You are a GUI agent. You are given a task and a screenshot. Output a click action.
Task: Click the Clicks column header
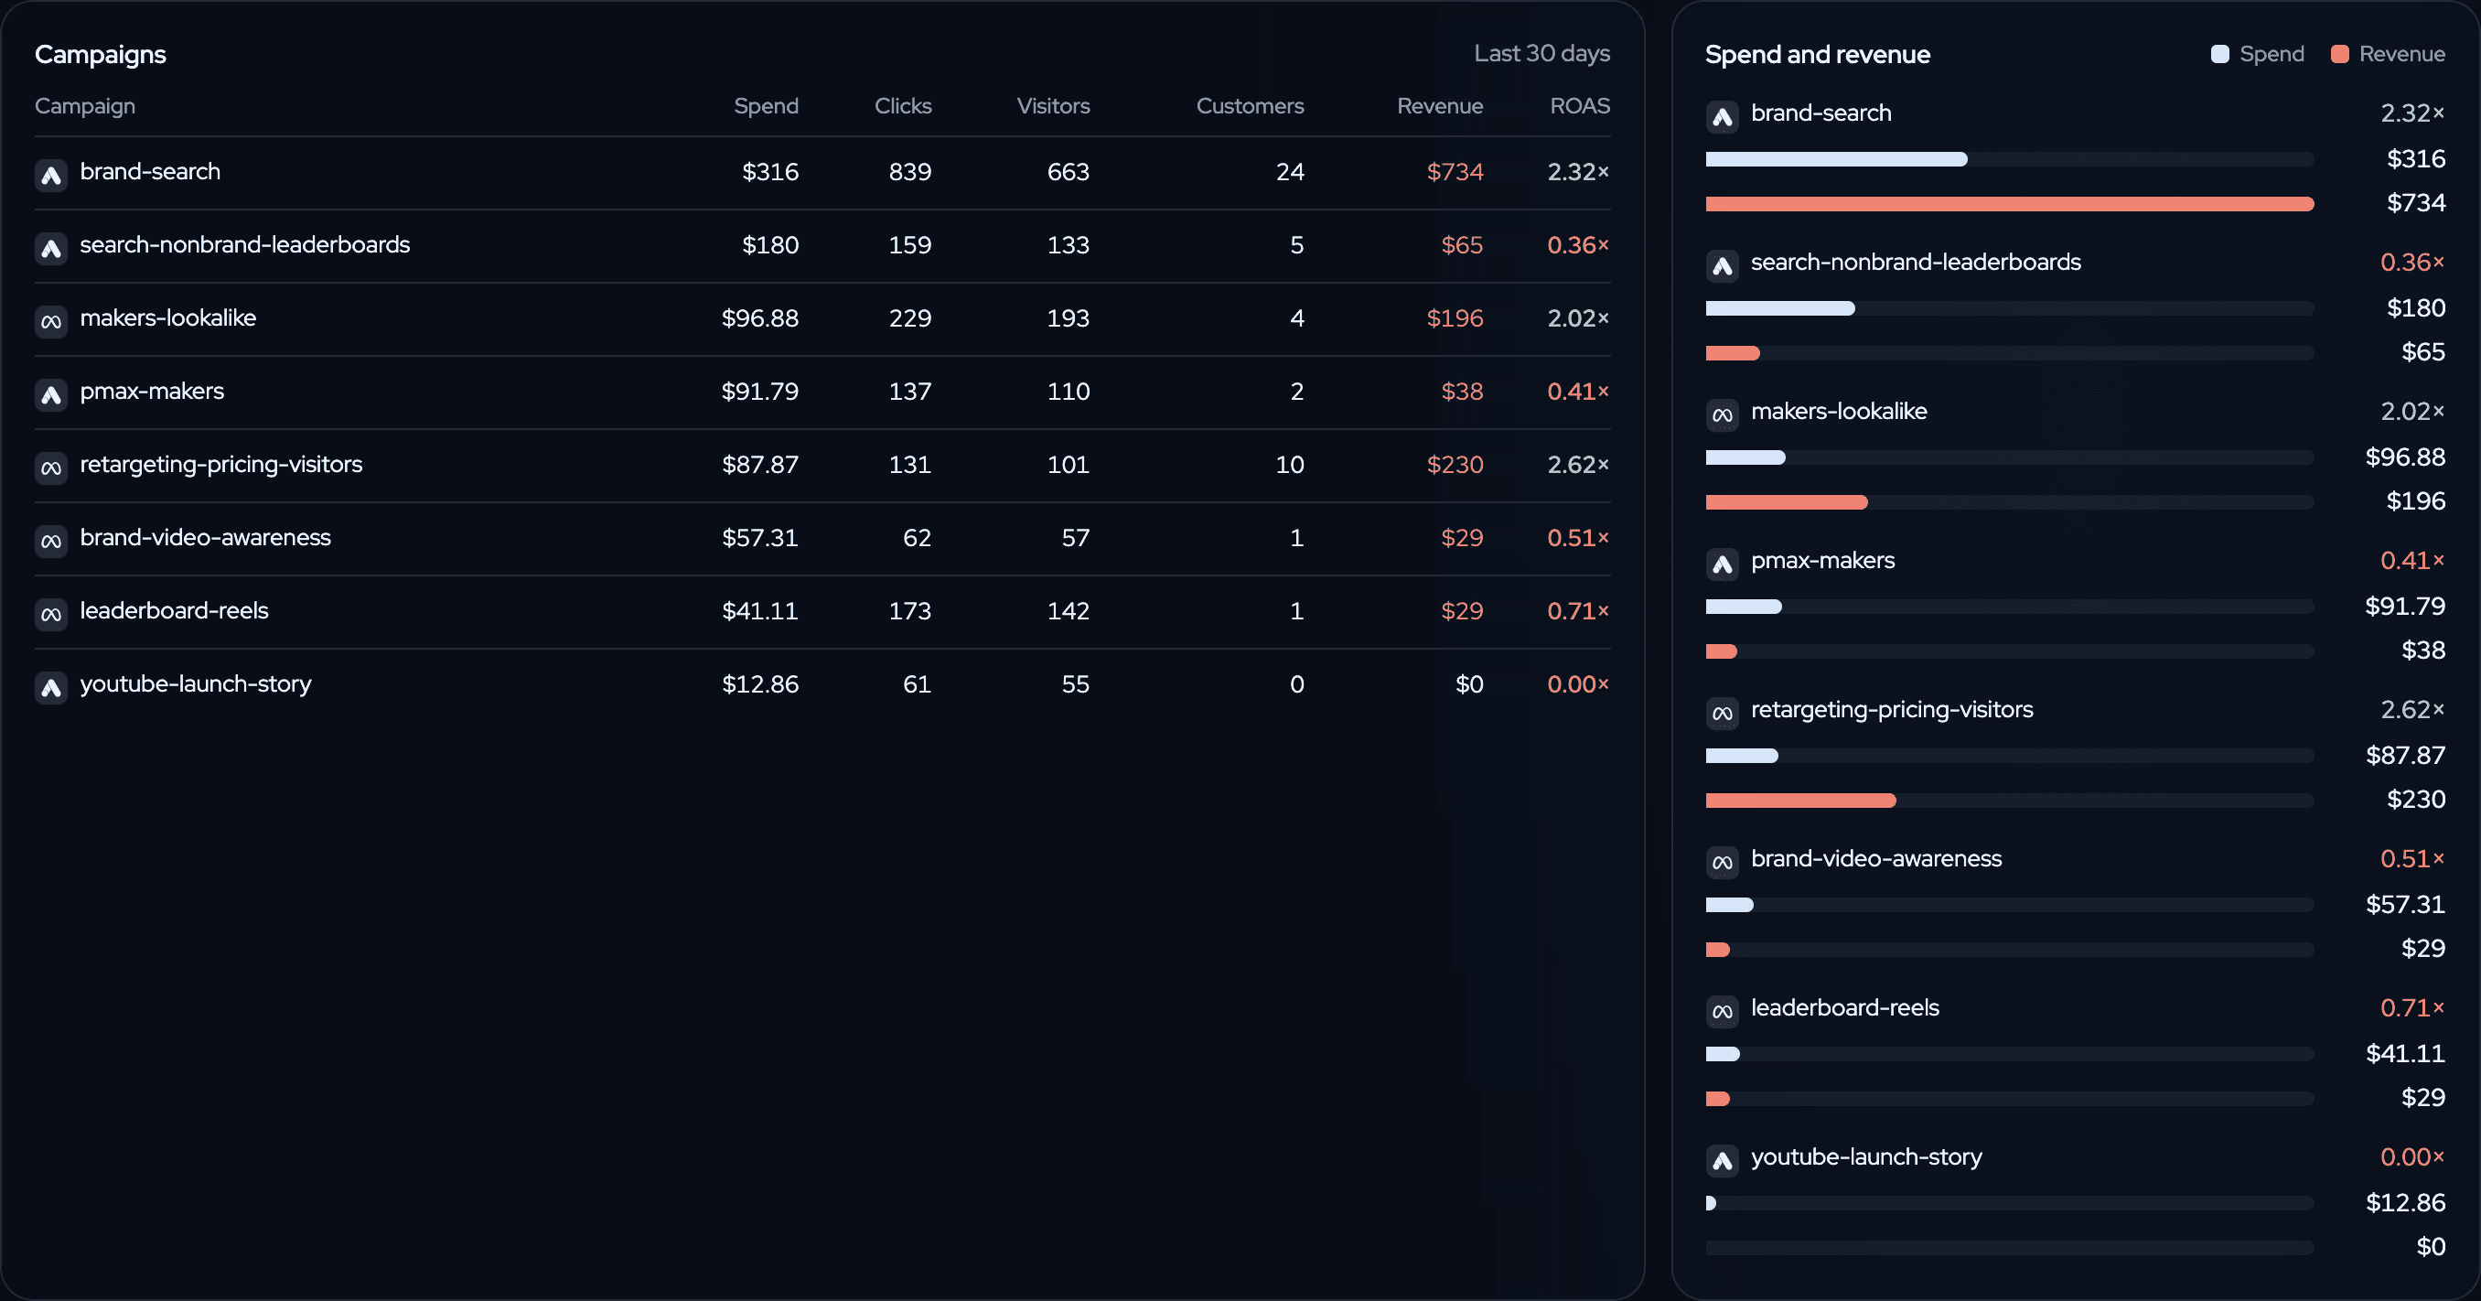point(902,106)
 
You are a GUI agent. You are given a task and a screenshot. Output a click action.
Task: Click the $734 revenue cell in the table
point(1455,171)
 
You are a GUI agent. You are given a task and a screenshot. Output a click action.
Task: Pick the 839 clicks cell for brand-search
point(909,171)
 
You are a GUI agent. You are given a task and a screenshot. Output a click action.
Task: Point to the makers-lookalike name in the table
point(167,317)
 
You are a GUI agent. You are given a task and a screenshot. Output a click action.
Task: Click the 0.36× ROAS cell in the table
point(1577,244)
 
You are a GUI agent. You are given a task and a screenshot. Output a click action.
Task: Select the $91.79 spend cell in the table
point(760,391)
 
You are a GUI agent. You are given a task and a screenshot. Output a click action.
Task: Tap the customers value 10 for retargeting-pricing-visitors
point(1290,464)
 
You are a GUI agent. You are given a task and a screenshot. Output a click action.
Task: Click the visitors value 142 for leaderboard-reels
point(1069,610)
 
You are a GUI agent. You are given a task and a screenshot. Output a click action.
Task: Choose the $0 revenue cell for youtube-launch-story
point(1469,683)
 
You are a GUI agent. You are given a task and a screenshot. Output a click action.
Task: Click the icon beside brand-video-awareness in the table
point(51,540)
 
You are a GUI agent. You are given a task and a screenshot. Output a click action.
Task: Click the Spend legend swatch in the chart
point(2220,54)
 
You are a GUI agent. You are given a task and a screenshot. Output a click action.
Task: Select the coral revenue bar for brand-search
point(2009,204)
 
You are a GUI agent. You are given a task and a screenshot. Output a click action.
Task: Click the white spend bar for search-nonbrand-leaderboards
point(1780,308)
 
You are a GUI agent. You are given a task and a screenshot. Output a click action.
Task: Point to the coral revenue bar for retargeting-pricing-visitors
point(1800,801)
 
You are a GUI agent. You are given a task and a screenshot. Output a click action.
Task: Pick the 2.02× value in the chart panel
point(2411,411)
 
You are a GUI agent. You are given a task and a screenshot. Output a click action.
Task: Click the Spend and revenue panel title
point(1818,55)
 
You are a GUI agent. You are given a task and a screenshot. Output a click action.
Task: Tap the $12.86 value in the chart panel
point(2405,1203)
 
